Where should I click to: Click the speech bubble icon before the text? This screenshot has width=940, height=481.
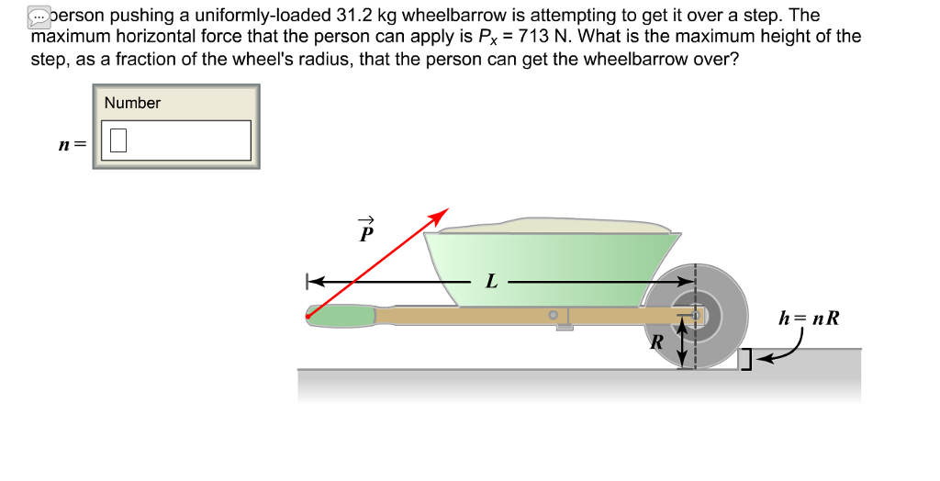(38, 17)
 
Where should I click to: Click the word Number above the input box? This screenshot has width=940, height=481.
(132, 103)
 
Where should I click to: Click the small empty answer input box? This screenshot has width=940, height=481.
(117, 140)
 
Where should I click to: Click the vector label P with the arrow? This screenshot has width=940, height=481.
(365, 230)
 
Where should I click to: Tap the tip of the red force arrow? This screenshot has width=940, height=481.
(445, 211)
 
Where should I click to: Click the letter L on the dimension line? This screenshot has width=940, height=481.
(492, 281)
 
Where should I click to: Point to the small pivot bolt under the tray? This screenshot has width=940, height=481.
(554, 315)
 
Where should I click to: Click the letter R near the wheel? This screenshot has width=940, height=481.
(656, 343)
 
